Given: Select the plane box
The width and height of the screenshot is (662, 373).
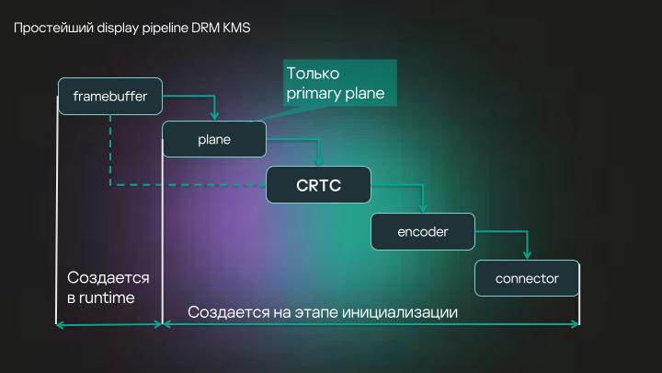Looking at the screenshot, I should (x=213, y=140).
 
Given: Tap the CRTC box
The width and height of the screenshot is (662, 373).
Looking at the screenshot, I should (x=318, y=185).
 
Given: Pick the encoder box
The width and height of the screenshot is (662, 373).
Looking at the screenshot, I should (x=422, y=232).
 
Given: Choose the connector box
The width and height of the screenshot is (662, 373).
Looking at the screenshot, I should (x=527, y=278).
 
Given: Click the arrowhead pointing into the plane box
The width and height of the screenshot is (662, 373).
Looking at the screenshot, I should (x=214, y=116).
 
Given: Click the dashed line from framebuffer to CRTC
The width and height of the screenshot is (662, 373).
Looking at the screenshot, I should (x=184, y=185).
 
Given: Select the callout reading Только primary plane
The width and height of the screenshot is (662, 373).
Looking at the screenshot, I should (x=336, y=83).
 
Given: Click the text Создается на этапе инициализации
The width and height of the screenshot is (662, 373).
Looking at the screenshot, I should (x=323, y=311).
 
